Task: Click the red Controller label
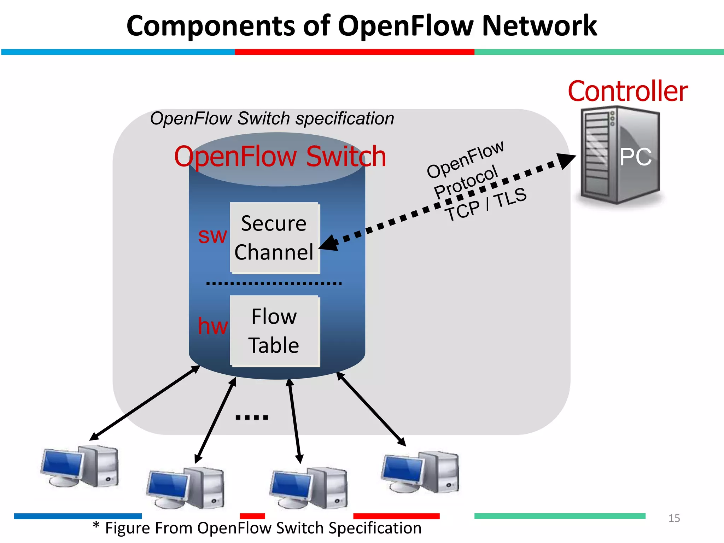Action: tap(627, 91)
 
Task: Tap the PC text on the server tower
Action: tap(635, 157)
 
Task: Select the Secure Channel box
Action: tap(275, 238)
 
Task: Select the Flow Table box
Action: tap(275, 331)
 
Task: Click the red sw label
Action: tap(212, 235)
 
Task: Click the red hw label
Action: tap(212, 326)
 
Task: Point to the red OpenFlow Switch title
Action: tap(280, 156)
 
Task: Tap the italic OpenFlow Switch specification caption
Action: tap(272, 118)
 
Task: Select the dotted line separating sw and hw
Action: tap(274, 284)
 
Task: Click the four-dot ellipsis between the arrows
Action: tap(252, 418)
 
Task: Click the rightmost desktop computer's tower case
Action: tap(442, 472)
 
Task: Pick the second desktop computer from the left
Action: tap(186, 488)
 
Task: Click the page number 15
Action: tap(674, 518)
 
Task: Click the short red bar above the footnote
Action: tap(252, 516)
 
